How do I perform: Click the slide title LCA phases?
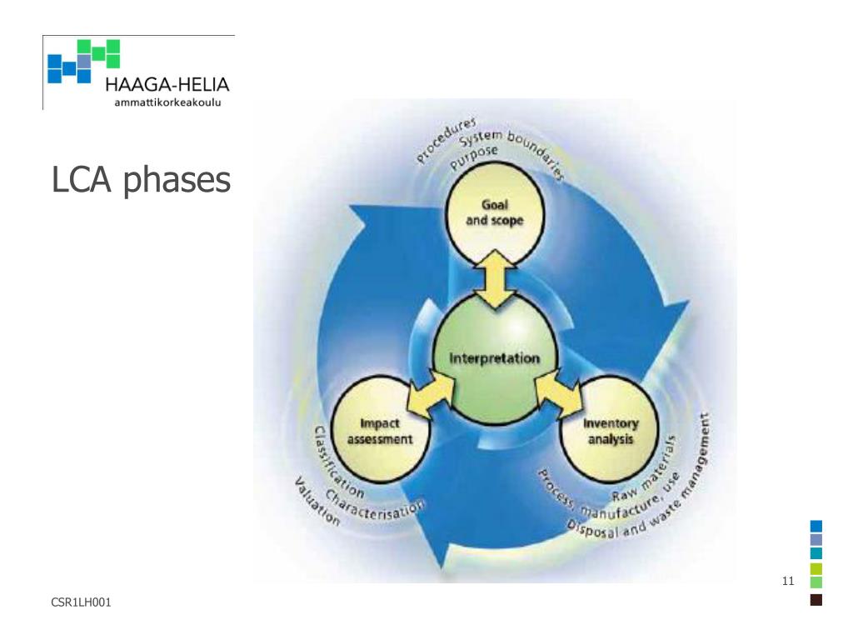pyautogui.click(x=140, y=179)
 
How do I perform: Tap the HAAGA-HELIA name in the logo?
pyautogui.click(x=167, y=86)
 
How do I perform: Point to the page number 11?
pyautogui.click(x=788, y=581)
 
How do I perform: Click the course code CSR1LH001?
pyautogui.click(x=81, y=602)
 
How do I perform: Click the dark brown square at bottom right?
pyautogui.click(x=816, y=599)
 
